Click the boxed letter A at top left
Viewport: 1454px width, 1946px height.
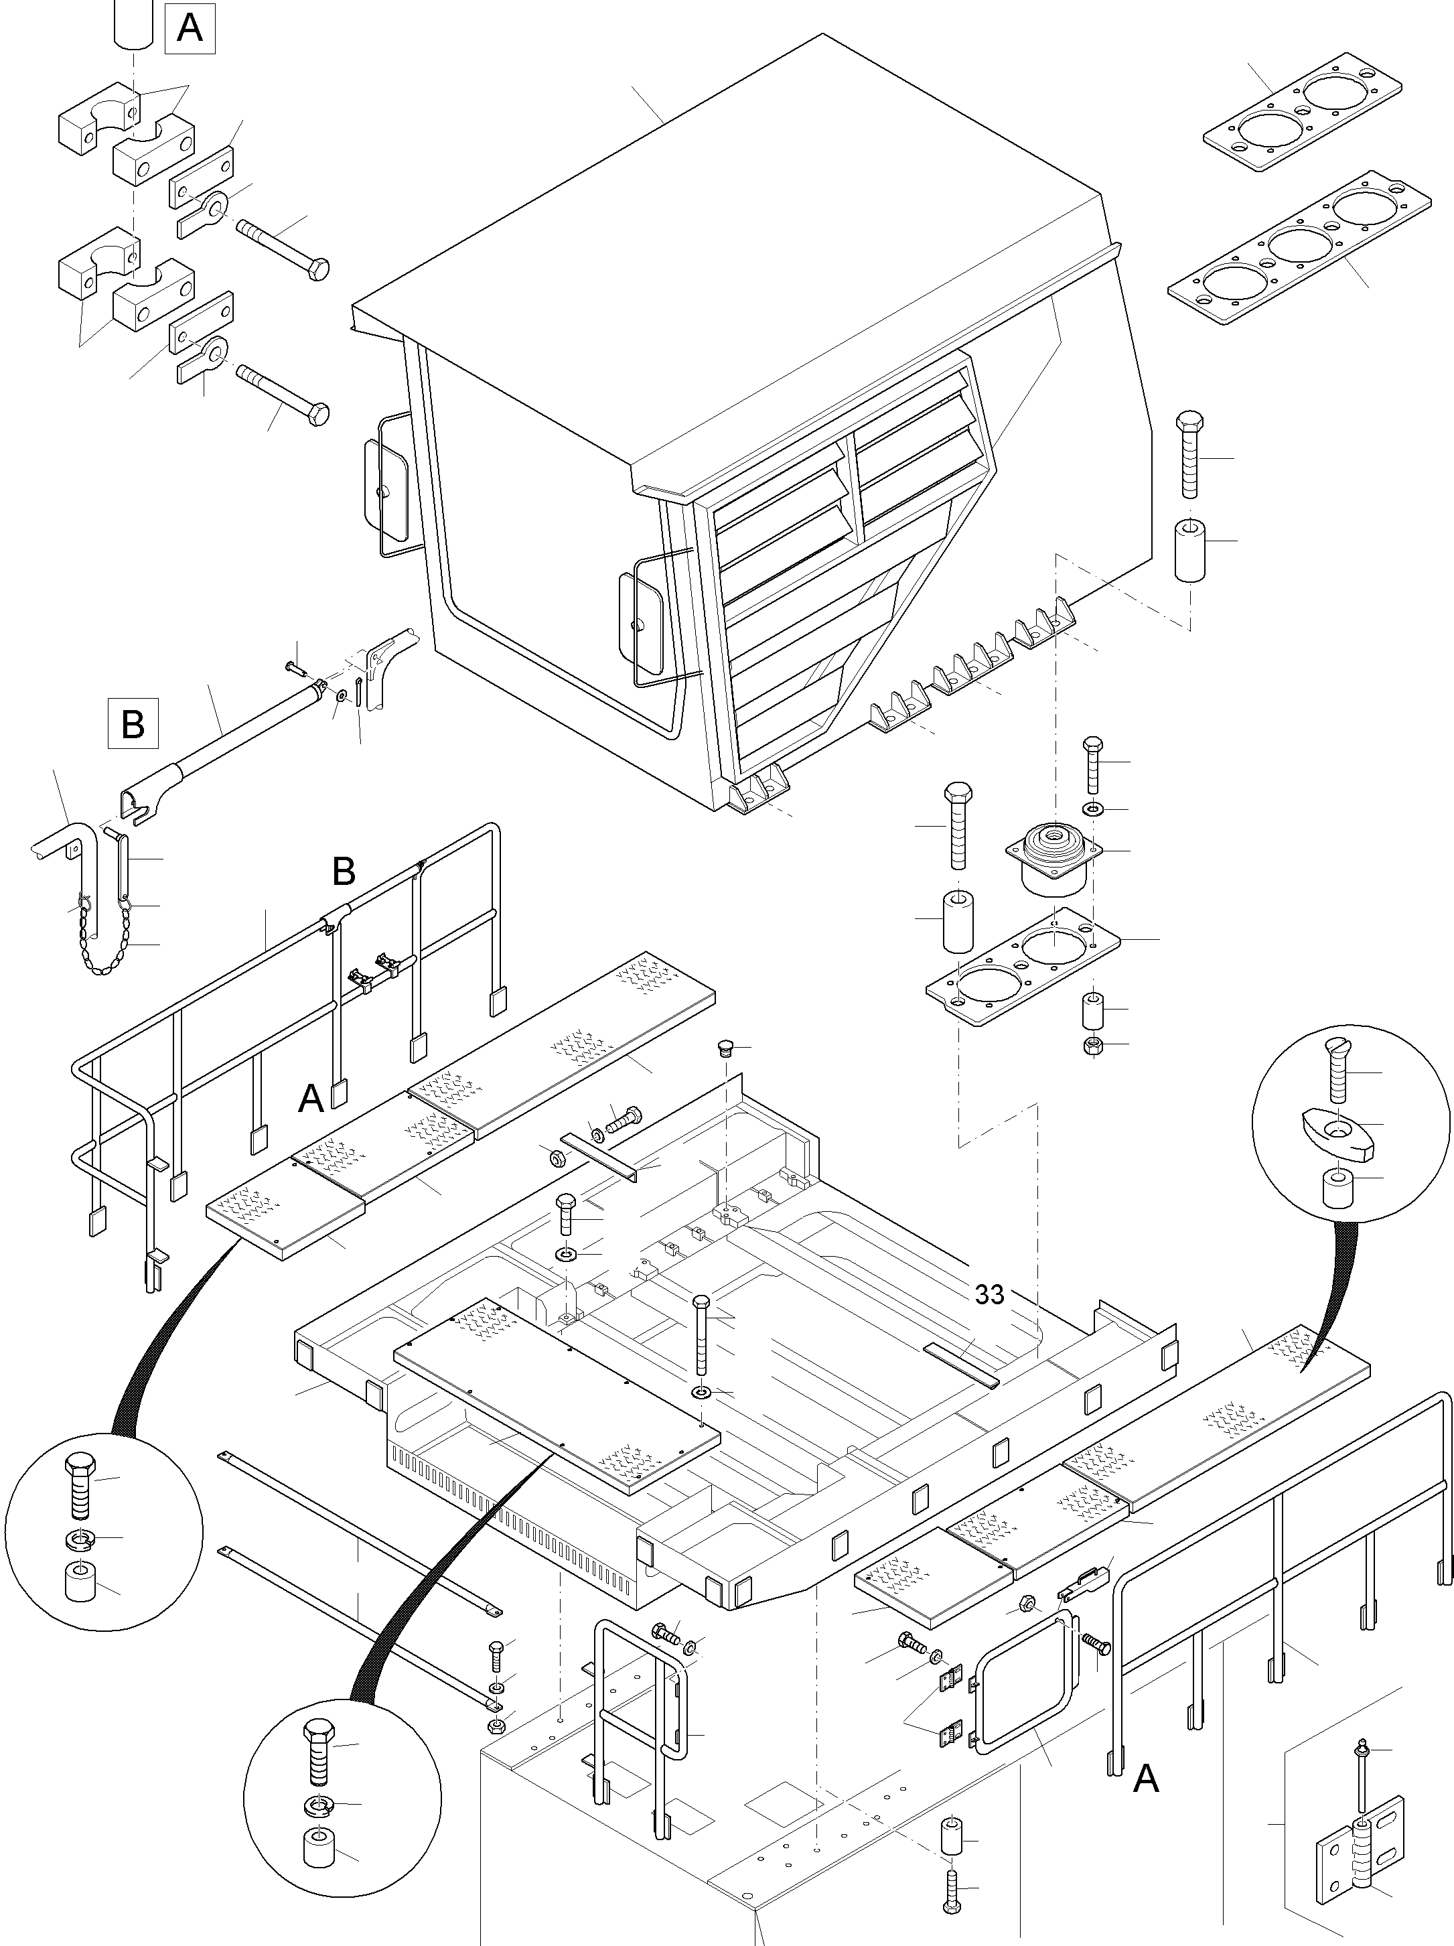[x=189, y=28]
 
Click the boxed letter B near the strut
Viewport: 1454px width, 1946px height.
[x=133, y=723]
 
